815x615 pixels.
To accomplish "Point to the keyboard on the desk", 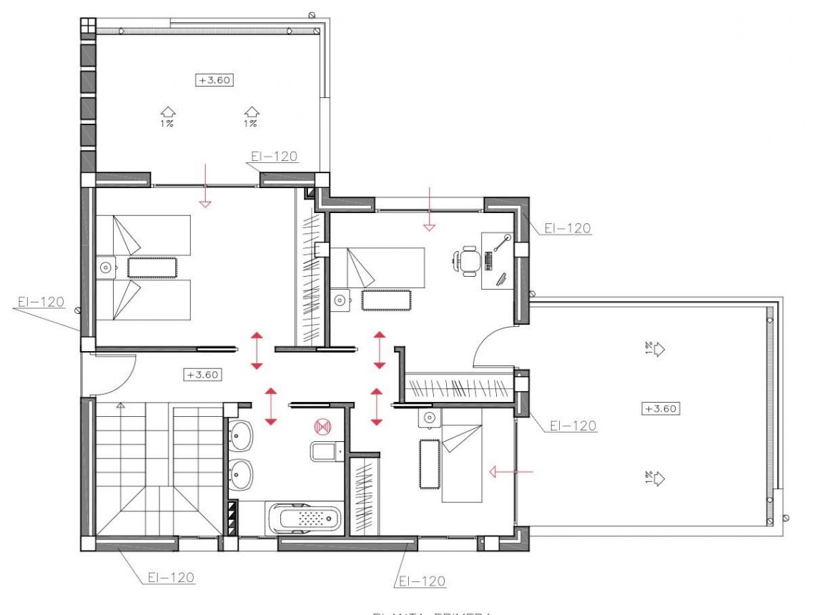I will tap(490, 260).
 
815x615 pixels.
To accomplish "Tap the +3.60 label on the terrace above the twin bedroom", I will tap(215, 80).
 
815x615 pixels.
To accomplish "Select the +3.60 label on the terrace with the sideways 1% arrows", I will tap(661, 409).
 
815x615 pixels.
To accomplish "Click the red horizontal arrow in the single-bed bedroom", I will tap(511, 471).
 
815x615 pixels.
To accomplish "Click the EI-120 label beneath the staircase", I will tap(172, 576).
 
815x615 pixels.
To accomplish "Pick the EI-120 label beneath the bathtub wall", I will tap(422, 580).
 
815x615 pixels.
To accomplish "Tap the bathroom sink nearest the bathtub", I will tap(242, 473).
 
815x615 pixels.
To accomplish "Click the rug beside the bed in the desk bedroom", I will tap(386, 300).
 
